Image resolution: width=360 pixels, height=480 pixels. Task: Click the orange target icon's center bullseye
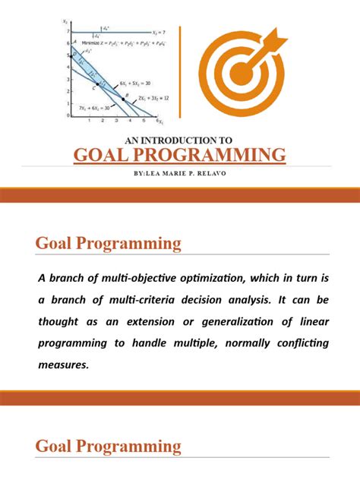pos(241,74)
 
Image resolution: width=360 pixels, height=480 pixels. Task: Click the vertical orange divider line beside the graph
pos(180,72)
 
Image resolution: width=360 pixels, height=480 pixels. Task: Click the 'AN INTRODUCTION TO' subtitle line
pos(180,140)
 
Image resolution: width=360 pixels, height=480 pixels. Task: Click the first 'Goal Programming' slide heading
pos(109,244)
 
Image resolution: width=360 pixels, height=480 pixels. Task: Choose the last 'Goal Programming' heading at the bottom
pos(109,446)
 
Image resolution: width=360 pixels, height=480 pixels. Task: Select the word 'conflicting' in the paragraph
pos(295,343)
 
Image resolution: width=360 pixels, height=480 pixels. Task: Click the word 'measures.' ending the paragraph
pos(64,365)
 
